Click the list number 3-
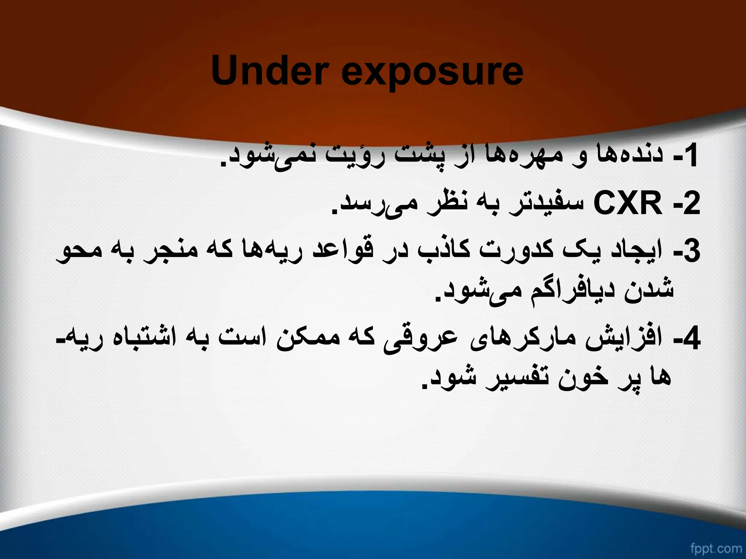686,251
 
